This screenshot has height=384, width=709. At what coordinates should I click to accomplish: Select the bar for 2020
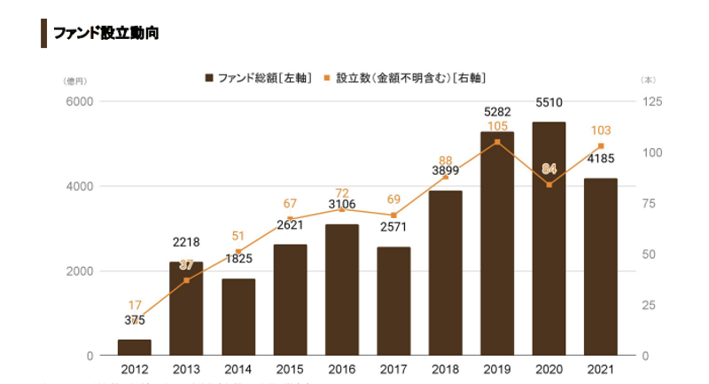[x=549, y=239]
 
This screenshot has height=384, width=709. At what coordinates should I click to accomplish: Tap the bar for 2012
[x=135, y=347]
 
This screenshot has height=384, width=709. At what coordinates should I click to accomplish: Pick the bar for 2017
[x=393, y=301]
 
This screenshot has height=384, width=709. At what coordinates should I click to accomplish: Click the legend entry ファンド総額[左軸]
[x=258, y=78]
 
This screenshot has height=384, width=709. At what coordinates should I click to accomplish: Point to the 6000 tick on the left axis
[x=79, y=102]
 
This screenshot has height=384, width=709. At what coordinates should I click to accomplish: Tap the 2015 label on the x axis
[x=290, y=369]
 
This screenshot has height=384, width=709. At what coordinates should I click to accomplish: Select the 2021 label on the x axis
[x=600, y=369]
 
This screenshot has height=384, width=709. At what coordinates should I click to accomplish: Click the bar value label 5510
[x=549, y=104]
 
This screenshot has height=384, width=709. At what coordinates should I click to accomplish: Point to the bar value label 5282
[x=497, y=113]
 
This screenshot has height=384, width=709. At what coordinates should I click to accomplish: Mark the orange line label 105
[x=497, y=127]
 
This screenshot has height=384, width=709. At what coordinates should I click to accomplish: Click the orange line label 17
[x=135, y=306]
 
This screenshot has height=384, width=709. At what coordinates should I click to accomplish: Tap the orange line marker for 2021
[x=601, y=146]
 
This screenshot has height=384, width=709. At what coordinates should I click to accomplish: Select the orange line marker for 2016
[x=342, y=209]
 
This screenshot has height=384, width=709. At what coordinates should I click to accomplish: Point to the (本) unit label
[x=647, y=81]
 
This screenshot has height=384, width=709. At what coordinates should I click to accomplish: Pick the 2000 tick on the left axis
[x=79, y=271]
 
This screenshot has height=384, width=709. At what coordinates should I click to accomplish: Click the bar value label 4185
[x=600, y=160]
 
